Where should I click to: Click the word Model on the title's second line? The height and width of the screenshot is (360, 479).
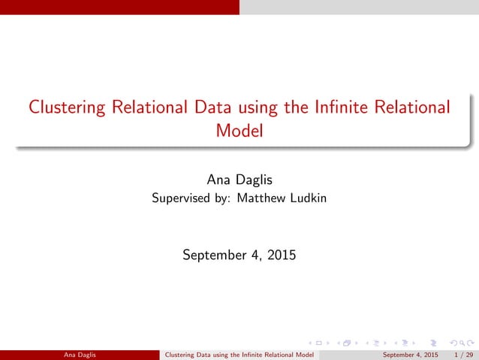tap(239, 131)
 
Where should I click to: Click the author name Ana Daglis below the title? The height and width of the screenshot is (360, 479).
tap(239, 179)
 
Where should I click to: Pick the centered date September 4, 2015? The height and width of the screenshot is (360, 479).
tap(239, 256)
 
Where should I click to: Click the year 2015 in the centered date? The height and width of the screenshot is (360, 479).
tap(280, 256)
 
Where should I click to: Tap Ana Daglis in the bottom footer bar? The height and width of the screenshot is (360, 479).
tap(80, 354)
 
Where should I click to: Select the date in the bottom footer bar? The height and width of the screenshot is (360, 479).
tap(411, 354)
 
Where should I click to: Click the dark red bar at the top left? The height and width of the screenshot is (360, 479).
tap(119, 7)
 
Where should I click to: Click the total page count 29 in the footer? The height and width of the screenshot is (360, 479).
tap(469, 354)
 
